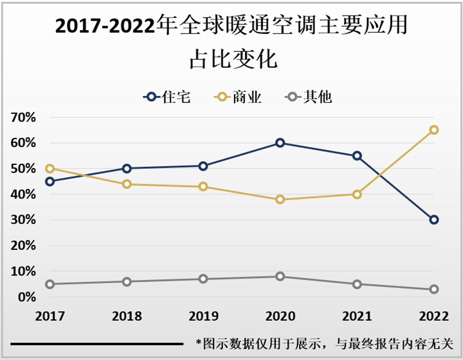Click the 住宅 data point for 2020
tap(280, 143)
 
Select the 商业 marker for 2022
tap(434, 130)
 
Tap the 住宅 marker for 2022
tap(434, 220)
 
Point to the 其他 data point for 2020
tap(280, 277)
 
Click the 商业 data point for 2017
tap(50, 168)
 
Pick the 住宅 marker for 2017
tap(50, 181)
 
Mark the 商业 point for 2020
tap(280, 200)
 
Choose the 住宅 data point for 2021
tap(357, 156)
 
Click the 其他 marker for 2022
tap(434, 289)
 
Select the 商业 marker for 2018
tap(127, 184)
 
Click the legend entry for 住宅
tap(166, 97)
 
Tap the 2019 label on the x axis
tap(203, 316)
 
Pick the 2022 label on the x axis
tap(434, 316)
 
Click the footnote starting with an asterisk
tap(324, 343)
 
